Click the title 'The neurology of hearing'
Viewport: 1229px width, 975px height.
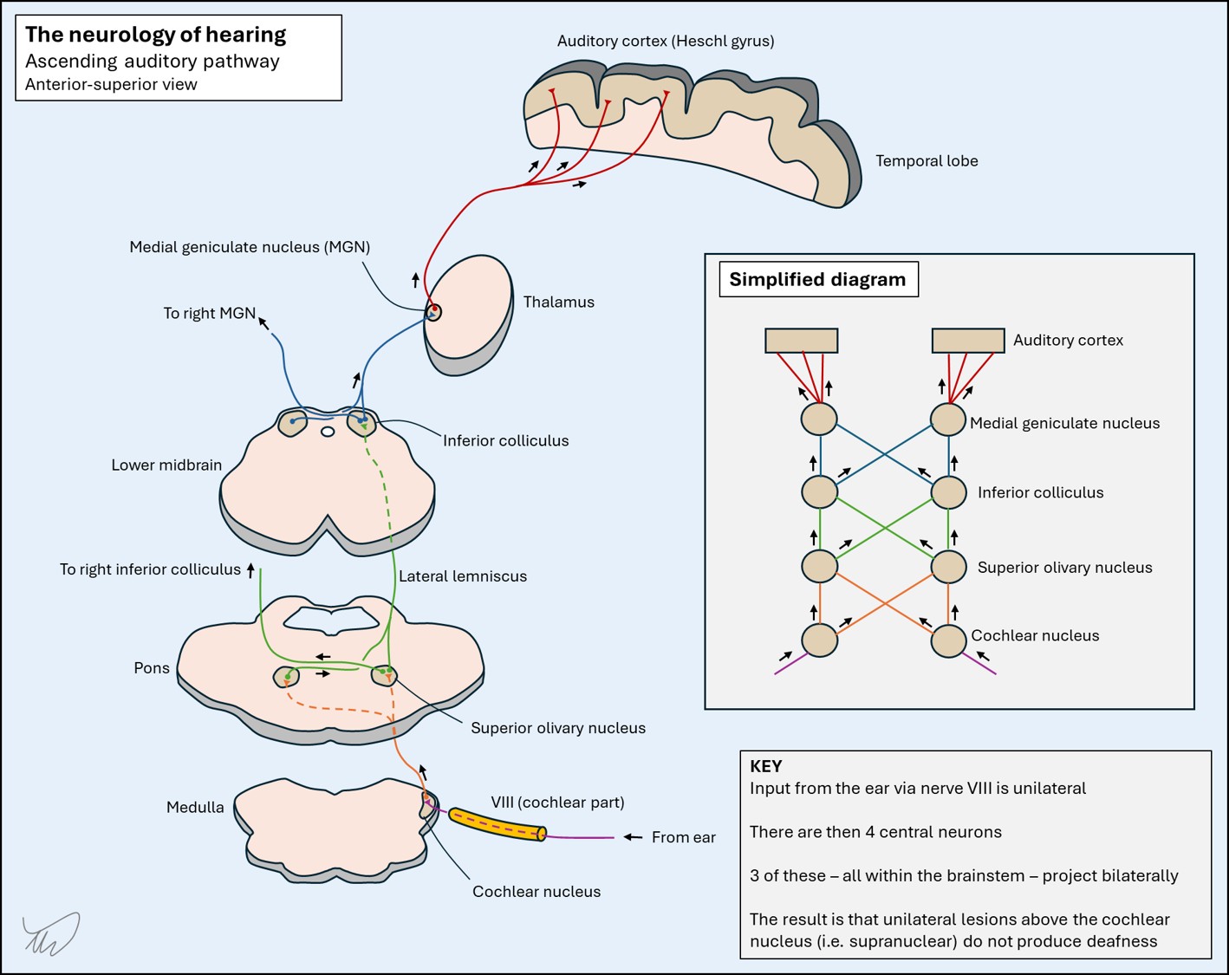click(x=155, y=35)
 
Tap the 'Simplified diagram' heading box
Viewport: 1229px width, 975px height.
click(x=818, y=279)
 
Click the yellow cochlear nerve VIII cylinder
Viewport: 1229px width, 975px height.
click(x=497, y=824)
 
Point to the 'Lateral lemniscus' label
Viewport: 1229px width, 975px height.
click(x=463, y=575)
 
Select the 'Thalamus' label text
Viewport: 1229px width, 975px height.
click(x=558, y=302)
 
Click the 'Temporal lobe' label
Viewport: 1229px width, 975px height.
click(x=927, y=161)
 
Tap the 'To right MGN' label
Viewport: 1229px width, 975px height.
click(x=209, y=313)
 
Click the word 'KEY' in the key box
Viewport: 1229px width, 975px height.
click(x=765, y=766)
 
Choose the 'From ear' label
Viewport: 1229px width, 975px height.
click(x=683, y=837)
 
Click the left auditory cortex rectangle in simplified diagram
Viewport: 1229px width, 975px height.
click(x=801, y=341)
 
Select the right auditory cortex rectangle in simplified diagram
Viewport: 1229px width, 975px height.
click(x=968, y=341)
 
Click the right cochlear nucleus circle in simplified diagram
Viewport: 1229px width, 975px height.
click(x=948, y=640)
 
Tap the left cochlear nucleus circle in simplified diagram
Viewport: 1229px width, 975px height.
click(x=820, y=640)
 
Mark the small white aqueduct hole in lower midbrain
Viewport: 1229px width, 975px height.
click(x=328, y=432)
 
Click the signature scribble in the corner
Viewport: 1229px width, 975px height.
click(x=51, y=933)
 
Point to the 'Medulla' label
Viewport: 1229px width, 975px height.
click(x=195, y=807)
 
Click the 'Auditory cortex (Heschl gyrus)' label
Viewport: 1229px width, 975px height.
click(x=666, y=41)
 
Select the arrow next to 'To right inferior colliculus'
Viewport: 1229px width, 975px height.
click(x=250, y=570)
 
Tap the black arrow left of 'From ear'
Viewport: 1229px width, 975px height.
click(x=633, y=837)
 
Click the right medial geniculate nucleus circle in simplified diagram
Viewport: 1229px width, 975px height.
click(x=948, y=419)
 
